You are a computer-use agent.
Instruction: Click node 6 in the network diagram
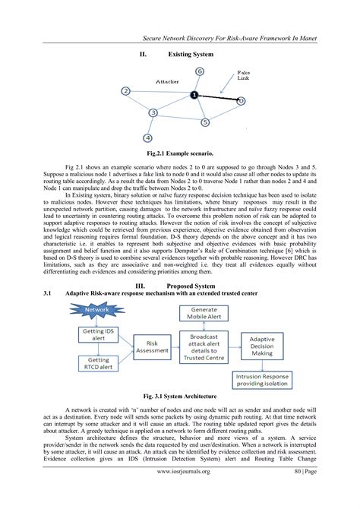click(199, 71)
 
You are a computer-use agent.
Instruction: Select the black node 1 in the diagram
click(194, 95)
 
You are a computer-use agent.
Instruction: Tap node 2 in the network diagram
click(125, 91)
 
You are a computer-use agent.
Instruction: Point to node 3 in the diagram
click(153, 112)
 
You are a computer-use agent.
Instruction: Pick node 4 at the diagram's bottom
click(147, 138)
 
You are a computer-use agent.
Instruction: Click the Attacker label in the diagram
click(167, 81)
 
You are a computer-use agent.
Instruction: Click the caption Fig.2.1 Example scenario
click(180, 153)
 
